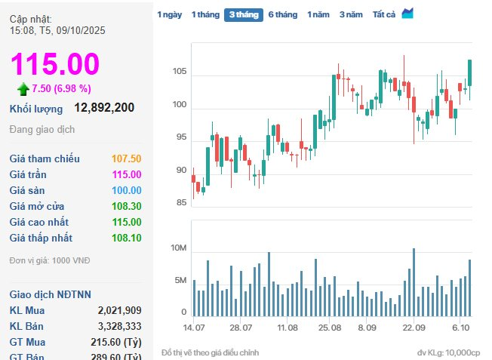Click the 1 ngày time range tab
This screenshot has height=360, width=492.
169,14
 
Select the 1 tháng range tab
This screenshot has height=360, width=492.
204,14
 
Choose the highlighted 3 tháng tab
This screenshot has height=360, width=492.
243,14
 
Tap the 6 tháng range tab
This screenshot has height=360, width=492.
283,14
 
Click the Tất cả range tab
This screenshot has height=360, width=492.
384,14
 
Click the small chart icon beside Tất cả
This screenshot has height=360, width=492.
407,14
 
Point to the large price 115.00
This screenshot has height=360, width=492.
54,64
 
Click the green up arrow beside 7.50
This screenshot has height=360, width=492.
23,89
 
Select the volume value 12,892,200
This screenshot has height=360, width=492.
104,108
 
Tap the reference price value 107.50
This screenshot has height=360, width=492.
126,158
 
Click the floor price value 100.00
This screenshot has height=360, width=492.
126,190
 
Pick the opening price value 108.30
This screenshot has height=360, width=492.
126,206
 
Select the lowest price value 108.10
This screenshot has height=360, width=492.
126,238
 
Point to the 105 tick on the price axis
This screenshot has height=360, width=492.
179,72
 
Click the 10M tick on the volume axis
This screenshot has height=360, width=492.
177,248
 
